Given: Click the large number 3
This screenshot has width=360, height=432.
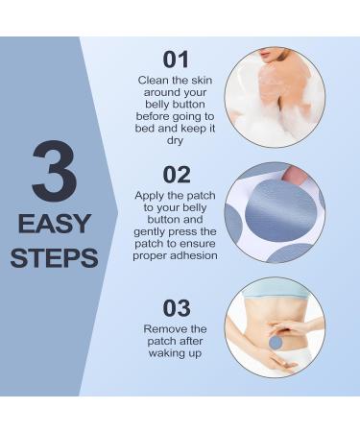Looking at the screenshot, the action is [x=55, y=171].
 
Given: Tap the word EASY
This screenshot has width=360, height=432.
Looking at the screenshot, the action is [x=55, y=224].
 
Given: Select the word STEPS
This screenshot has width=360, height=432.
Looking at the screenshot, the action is [x=55, y=258].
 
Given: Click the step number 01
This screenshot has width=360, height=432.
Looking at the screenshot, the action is [x=176, y=60].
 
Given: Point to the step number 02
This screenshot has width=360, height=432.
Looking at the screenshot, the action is [x=177, y=175].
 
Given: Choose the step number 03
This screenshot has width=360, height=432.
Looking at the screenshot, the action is [x=177, y=308].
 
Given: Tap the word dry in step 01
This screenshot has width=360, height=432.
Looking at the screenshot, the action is [x=175, y=141].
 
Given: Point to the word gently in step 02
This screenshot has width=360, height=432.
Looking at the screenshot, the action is [x=150, y=232].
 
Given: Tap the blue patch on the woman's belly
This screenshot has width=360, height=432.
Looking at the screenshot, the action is [x=276, y=343].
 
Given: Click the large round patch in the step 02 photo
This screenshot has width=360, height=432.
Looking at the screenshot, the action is [x=280, y=212].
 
